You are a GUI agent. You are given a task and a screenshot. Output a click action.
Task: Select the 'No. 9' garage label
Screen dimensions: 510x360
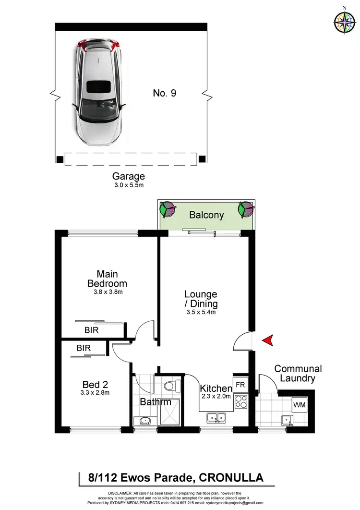click(165, 93)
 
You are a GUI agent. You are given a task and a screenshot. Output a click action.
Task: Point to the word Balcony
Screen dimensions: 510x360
click(206, 215)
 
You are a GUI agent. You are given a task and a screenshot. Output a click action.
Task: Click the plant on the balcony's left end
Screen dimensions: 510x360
click(167, 209)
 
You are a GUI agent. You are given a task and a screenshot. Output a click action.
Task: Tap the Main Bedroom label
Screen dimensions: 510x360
click(107, 279)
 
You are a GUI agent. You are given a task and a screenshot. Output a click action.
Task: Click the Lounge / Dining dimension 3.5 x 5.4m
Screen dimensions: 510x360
click(201, 313)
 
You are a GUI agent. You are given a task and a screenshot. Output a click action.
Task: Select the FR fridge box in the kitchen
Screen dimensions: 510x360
click(240, 385)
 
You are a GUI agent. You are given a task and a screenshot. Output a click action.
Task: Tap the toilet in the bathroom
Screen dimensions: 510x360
click(171, 387)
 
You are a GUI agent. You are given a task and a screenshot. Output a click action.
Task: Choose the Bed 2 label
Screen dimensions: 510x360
click(95, 385)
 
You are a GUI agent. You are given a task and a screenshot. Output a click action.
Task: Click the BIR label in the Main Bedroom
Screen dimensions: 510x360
click(92, 330)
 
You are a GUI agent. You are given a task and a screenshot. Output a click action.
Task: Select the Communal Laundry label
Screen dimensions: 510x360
click(298, 374)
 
